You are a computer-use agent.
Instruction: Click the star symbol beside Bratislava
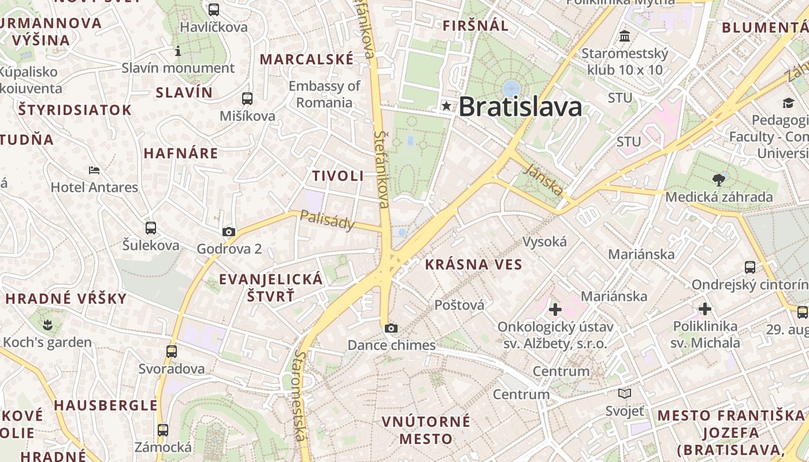(446, 106)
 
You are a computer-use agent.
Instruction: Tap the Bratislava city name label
(520, 107)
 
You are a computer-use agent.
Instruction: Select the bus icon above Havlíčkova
(214, 10)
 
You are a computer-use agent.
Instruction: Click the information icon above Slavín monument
(178, 51)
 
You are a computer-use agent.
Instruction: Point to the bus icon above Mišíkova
(247, 99)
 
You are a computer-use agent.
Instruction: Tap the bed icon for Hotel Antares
(94, 170)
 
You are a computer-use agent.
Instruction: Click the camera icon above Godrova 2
(229, 232)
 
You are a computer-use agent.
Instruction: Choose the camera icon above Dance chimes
(391, 329)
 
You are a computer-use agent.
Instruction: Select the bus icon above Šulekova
(151, 228)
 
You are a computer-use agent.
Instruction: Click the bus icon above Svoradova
(172, 351)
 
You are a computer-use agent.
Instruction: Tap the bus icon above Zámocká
(163, 430)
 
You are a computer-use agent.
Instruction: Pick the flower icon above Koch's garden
(47, 325)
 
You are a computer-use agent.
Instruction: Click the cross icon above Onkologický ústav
(555, 310)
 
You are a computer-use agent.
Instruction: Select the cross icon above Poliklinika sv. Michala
(705, 309)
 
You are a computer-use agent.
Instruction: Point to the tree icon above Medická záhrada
(719, 180)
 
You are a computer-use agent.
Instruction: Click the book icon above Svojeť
(624, 394)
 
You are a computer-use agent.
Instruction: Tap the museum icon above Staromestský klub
(625, 37)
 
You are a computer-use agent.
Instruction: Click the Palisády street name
(326, 219)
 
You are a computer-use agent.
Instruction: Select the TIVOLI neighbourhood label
(338, 176)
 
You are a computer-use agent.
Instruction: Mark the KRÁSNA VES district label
(473, 265)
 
